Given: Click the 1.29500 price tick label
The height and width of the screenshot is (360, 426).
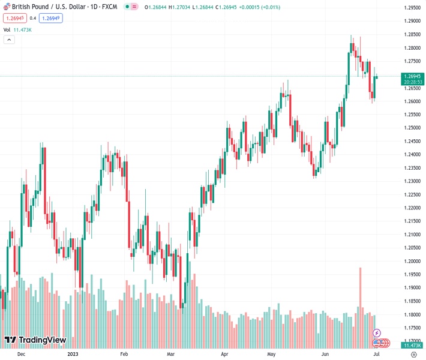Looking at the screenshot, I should (412, 8).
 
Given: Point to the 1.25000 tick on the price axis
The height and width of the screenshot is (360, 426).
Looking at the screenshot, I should (412, 128).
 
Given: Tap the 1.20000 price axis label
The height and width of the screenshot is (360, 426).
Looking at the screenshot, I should (412, 262).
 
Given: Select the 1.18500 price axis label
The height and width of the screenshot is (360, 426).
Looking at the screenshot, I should (412, 302).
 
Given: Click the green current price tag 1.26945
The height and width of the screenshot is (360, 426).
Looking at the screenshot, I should (412, 76).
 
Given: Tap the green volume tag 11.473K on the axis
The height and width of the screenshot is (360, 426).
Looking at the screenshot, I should (412, 346).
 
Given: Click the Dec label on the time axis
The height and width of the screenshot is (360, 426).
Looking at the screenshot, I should (21, 354).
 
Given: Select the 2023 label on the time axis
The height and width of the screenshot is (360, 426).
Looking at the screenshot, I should (73, 354).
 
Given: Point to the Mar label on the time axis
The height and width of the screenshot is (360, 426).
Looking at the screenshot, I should (171, 354).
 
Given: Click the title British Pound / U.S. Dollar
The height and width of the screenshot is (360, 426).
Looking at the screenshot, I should (51, 7).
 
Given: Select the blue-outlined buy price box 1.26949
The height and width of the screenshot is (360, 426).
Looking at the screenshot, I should (51, 18).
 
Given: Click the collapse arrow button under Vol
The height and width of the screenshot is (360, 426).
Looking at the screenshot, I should (9, 40).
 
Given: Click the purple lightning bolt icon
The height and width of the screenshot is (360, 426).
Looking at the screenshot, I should (377, 333).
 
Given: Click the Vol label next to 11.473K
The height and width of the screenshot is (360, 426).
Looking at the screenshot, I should (7, 29).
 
